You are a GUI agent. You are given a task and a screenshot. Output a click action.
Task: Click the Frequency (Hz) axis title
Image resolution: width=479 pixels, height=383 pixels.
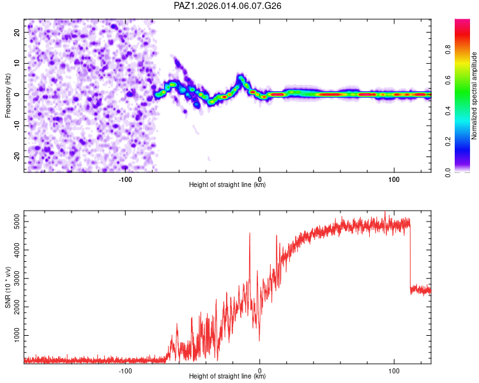[8, 95]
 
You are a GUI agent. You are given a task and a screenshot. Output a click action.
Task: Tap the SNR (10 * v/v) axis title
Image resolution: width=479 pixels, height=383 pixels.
[8, 287]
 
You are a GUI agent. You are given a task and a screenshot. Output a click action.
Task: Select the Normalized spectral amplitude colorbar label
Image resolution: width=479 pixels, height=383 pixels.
[474, 95]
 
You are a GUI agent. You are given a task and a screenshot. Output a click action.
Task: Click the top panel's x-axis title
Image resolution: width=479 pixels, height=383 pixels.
[227, 185]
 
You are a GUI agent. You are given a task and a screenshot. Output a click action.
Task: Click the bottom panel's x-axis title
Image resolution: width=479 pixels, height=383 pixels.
[227, 376]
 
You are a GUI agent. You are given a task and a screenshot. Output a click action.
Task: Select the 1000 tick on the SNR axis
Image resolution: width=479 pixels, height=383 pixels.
[13, 335]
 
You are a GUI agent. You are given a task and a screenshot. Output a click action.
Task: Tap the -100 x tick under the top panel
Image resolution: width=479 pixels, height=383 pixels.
[125, 179]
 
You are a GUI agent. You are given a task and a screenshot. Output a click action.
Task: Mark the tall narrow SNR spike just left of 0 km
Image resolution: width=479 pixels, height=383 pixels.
[250, 235]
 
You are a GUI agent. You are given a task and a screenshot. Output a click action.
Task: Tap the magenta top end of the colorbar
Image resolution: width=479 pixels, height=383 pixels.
[462, 22]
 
